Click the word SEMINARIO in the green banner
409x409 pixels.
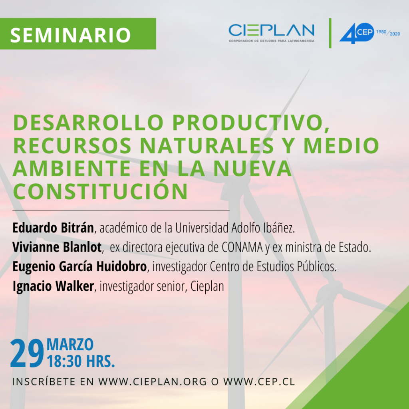click(70, 35)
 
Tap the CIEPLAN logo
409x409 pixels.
click(272, 33)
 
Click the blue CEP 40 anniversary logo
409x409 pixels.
click(357, 33)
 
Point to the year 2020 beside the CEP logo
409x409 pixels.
click(395, 34)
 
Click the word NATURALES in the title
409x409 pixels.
click(207, 145)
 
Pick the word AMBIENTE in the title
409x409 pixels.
click(71, 169)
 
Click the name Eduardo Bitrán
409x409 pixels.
click(53, 228)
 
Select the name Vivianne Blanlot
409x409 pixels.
click(57, 247)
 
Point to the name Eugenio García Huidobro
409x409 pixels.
click(79, 267)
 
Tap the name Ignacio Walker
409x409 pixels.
click(53, 286)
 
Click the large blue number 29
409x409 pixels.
click(27, 353)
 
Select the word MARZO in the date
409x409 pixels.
click(70, 345)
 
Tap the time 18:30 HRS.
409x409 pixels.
click(81, 361)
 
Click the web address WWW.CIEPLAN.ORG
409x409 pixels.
click(153, 381)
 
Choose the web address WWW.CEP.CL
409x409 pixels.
click(259, 381)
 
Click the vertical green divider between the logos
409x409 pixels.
click(330, 33)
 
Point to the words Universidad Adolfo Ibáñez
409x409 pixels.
click(235, 228)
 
